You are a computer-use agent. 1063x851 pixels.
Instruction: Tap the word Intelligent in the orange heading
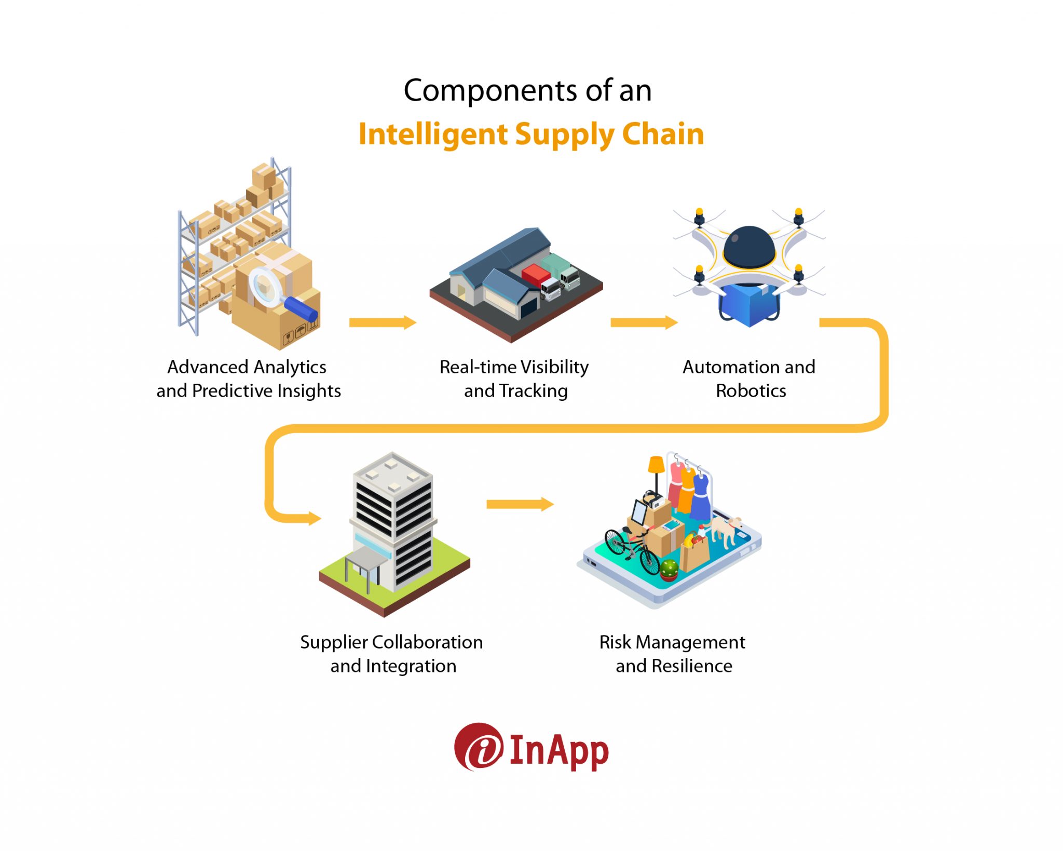(433, 135)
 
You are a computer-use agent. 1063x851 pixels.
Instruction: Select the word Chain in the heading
(663, 134)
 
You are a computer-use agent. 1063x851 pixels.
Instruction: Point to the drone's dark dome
(749, 247)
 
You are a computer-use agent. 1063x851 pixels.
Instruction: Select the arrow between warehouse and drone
(644, 322)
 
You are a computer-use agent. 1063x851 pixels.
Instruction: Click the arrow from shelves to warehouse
(383, 322)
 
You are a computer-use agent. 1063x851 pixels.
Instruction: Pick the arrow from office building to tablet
(520, 504)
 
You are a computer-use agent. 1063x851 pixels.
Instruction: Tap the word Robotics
(751, 390)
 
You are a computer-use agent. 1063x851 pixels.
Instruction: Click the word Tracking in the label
(534, 390)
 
